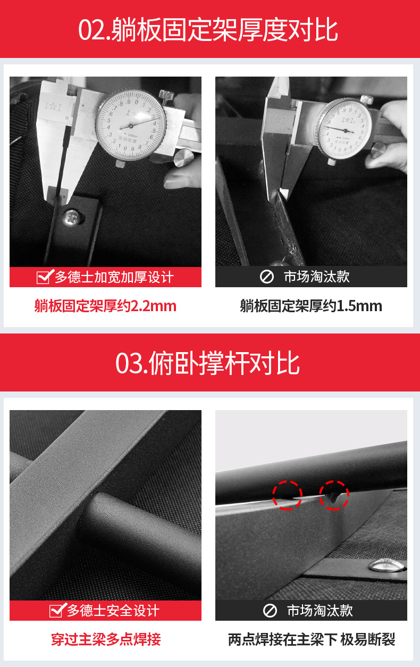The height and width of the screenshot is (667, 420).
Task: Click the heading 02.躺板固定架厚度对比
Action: point(208,29)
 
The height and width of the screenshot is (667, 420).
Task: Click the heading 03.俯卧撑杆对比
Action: point(207,363)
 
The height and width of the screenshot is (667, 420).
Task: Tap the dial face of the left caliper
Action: point(131,126)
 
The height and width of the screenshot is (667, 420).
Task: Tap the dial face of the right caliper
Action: point(345,130)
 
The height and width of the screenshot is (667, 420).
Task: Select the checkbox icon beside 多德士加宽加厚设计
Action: point(45,277)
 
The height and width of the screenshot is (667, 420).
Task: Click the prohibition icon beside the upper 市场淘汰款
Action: point(267,277)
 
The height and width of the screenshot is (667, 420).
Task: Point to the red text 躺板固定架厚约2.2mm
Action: point(105,306)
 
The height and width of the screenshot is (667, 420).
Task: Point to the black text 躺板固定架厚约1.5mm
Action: point(311,306)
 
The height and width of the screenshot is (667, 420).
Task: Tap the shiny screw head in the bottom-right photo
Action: point(387,565)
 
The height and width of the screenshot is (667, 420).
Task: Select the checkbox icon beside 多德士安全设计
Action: point(57,610)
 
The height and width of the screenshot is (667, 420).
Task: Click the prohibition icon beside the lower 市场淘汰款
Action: point(270,611)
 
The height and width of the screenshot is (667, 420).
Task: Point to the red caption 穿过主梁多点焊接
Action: point(106,639)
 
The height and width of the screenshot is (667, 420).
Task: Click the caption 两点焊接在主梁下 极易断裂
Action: point(312,639)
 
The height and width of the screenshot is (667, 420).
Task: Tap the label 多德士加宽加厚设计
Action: point(114,277)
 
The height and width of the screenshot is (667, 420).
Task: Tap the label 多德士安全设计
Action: point(113,611)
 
